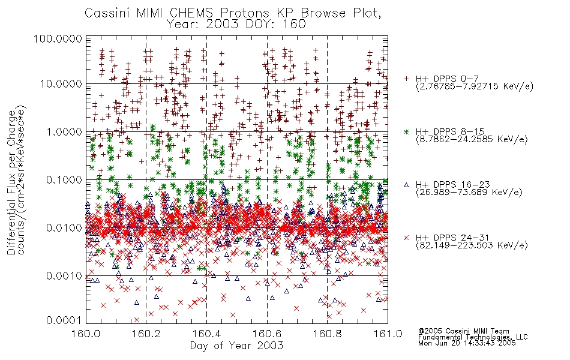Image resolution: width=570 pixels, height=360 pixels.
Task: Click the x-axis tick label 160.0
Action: (86, 334)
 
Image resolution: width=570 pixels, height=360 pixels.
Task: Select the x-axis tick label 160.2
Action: (146, 334)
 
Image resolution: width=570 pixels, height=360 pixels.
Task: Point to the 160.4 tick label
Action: (207, 334)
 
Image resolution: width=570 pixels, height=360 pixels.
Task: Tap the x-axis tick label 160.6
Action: (267, 334)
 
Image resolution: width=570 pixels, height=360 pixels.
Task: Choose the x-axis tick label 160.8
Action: (328, 334)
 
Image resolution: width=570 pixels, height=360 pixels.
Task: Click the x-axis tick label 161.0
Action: (388, 334)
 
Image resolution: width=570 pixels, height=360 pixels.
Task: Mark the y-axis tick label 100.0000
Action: (58, 38)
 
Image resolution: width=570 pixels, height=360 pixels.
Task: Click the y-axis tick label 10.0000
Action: (61, 84)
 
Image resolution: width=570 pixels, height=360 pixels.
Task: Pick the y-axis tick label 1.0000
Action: (64, 131)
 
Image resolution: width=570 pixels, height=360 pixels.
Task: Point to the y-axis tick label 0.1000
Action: (64, 179)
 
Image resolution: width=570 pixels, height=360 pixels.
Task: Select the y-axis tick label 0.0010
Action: (64, 275)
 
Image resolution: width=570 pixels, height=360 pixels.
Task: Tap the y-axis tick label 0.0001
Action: (64, 320)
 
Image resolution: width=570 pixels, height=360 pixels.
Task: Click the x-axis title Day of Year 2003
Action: (236, 346)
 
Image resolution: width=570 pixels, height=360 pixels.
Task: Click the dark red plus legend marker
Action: (406, 79)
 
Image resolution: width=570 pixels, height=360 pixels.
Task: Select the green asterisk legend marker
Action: (406, 131)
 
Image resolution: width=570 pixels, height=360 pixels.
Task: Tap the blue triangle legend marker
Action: (406, 185)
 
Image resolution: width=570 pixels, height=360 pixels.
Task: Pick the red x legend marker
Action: (406, 238)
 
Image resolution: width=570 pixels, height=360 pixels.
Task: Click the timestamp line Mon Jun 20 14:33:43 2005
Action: (467, 343)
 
